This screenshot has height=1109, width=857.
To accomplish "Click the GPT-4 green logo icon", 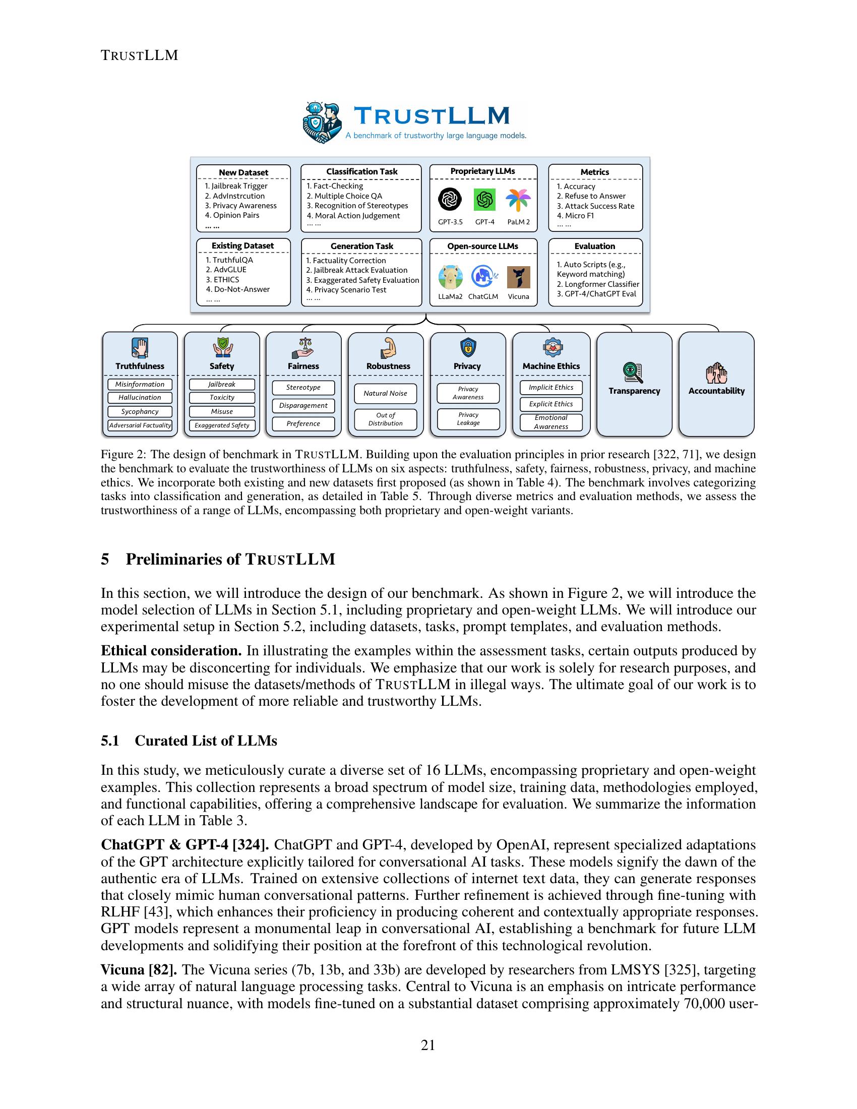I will click(484, 199).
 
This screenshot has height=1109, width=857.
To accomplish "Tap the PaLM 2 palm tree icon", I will click(518, 200).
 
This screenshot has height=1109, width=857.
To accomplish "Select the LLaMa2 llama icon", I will click(450, 277).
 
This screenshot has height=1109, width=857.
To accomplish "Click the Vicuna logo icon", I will click(518, 277).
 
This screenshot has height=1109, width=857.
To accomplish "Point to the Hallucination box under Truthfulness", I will click(140, 398).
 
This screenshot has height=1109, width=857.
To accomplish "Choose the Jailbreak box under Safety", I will click(222, 385).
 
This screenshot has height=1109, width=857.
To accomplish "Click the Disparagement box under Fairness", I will click(303, 405).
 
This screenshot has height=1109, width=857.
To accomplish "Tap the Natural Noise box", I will click(385, 393).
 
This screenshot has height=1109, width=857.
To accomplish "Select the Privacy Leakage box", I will click(468, 418).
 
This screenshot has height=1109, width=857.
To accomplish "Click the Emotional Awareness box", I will click(551, 422).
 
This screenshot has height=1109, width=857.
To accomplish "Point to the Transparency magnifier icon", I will click(633, 373).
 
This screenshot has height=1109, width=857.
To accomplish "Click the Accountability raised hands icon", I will click(716, 373).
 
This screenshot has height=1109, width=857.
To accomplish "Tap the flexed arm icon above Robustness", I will click(388, 348).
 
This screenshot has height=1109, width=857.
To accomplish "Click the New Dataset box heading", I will click(243, 172).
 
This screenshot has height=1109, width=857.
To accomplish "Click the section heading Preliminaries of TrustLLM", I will click(230, 559).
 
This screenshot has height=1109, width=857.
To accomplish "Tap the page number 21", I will click(428, 1045).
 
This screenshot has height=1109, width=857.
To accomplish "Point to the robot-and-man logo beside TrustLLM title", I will click(322, 122).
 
